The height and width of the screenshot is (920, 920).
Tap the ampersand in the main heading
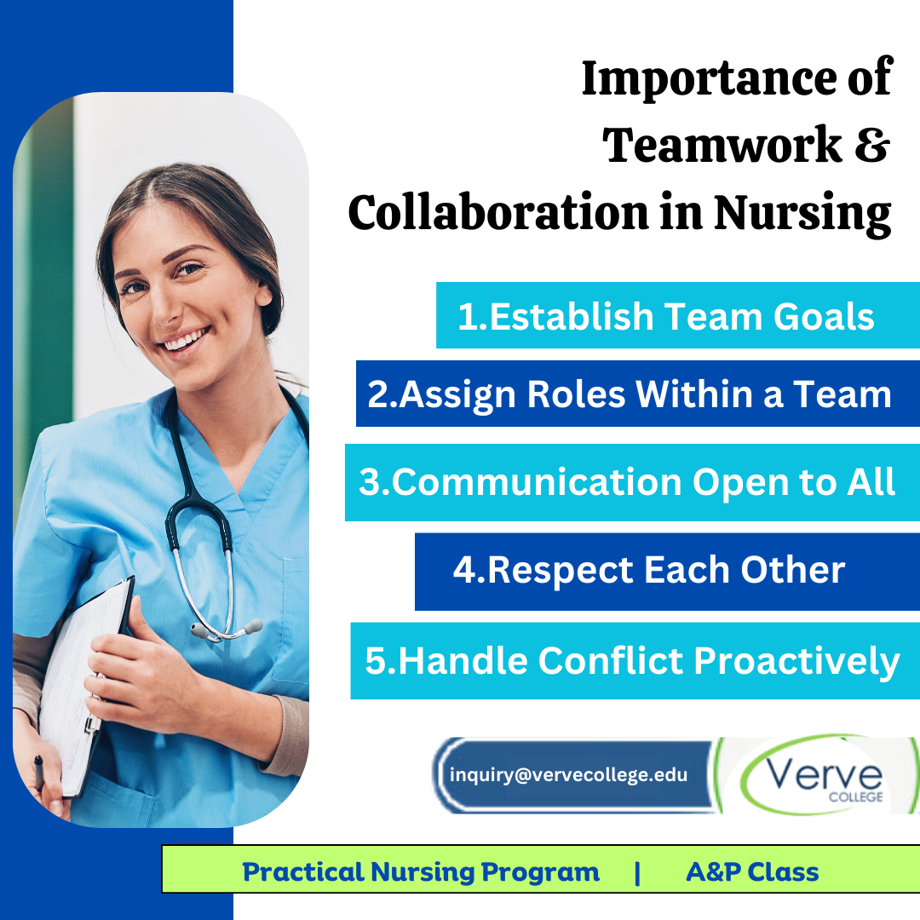point(872,146)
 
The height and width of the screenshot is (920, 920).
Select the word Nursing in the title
point(802,214)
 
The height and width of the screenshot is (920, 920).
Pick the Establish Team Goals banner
point(678,315)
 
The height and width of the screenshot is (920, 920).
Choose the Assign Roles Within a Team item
point(638,393)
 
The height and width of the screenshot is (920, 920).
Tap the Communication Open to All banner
point(632,482)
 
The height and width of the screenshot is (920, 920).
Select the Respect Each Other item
point(667,572)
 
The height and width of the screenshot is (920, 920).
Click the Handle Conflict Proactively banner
point(635,661)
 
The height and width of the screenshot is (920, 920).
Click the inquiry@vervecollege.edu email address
point(568,775)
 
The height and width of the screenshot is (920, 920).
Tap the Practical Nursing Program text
point(421,872)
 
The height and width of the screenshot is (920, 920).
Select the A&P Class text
point(752,872)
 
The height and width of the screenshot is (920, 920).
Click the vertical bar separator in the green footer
point(637,872)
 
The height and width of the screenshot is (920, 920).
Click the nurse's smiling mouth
point(186,340)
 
